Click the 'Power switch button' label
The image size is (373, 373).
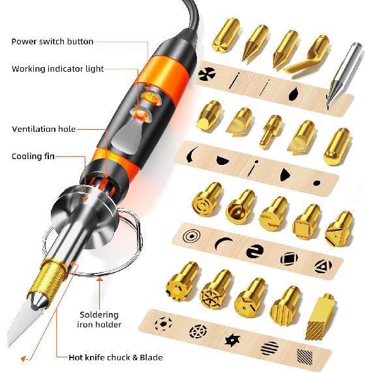(52, 42)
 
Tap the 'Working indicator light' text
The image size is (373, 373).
(58, 68)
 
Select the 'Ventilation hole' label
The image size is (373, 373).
(44, 129)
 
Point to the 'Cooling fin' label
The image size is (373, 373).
(33, 157)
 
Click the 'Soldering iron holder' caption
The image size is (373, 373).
(99, 320)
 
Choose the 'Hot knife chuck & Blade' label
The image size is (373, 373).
(115, 357)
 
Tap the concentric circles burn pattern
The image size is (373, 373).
(192, 236)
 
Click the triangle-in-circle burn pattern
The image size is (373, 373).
(323, 266)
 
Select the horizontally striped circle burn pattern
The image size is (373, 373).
(269, 348)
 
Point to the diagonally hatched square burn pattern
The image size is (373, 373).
(305, 357)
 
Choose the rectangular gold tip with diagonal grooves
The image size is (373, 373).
(318, 316)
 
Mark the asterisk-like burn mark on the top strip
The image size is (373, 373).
(207, 73)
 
